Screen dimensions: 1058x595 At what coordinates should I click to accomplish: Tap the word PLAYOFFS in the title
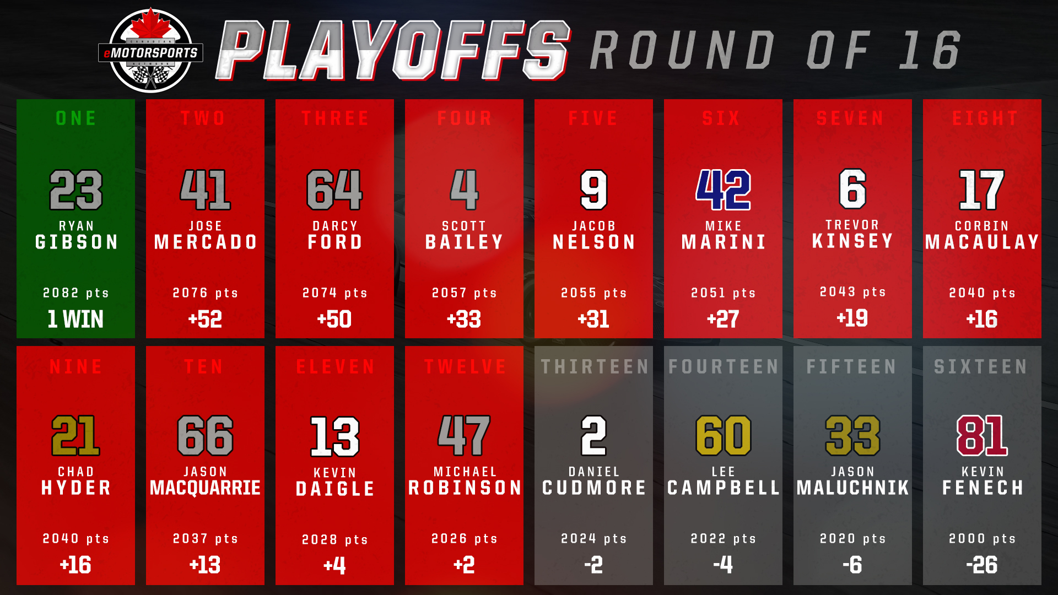pyautogui.click(x=393, y=50)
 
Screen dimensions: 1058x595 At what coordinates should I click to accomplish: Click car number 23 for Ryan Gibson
pyautogui.click(x=76, y=190)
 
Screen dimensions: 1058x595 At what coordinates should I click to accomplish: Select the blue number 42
pyautogui.click(x=723, y=190)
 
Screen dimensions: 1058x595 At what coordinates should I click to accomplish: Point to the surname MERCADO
pyautogui.click(x=206, y=242)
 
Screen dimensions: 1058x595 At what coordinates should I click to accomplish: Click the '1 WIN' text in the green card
pyautogui.click(x=75, y=319)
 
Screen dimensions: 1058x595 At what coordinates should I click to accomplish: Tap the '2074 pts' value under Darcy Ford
pyautogui.click(x=334, y=293)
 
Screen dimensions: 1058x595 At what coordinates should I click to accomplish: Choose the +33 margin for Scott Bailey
pyautogui.click(x=464, y=319)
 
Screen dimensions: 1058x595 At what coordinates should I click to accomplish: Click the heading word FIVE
pyautogui.click(x=593, y=118)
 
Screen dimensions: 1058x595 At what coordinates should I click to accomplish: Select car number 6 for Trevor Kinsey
pyautogui.click(x=852, y=189)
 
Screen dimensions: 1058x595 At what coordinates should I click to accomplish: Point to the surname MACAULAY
pyautogui.click(x=982, y=242)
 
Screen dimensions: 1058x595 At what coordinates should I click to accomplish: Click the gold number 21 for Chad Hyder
pyautogui.click(x=75, y=435)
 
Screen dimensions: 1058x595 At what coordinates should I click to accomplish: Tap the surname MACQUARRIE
pyautogui.click(x=205, y=488)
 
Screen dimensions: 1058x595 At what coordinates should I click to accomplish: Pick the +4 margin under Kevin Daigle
pyautogui.click(x=334, y=565)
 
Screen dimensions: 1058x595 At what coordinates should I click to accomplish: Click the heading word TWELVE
pyautogui.click(x=465, y=366)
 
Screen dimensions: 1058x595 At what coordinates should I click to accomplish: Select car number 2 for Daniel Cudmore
pyautogui.click(x=593, y=435)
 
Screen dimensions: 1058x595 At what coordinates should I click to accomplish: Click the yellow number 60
pyautogui.click(x=723, y=435)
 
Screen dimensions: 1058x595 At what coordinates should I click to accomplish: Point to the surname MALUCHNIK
pyautogui.click(x=852, y=488)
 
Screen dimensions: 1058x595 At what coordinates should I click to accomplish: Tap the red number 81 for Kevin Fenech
pyautogui.click(x=982, y=435)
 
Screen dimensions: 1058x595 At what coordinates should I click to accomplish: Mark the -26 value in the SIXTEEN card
pyautogui.click(x=982, y=565)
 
